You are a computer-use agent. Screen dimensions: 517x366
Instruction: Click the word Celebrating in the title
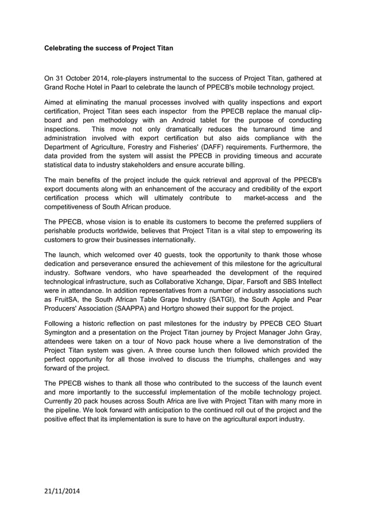65,49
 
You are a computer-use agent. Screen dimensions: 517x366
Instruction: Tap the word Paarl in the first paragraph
138,88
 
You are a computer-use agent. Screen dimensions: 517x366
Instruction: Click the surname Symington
67,333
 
